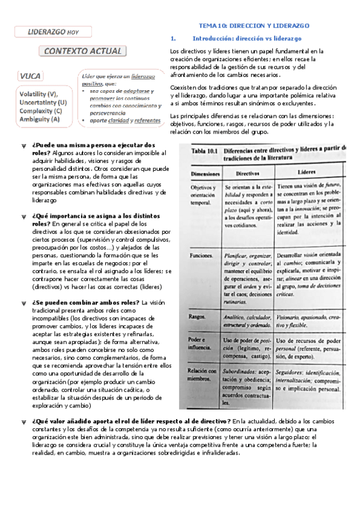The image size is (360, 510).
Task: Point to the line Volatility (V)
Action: tap(38, 94)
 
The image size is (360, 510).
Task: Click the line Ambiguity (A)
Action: tap(39, 119)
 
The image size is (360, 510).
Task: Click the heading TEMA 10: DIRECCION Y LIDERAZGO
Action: tap(254, 26)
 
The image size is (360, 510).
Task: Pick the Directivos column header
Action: tap(247, 172)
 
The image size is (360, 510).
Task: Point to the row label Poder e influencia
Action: tap(202, 342)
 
